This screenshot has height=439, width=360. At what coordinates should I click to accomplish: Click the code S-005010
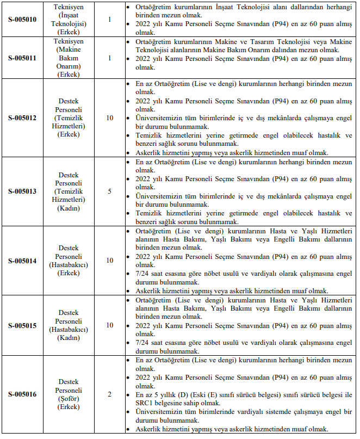pyautogui.click(x=22, y=20)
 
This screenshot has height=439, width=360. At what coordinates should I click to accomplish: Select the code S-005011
pyautogui.click(x=22, y=58)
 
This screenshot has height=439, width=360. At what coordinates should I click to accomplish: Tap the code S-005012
pyautogui.click(x=22, y=118)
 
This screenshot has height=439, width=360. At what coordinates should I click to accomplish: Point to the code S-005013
pyautogui.click(x=22, y=191)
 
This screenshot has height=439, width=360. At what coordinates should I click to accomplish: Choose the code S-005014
pyautogui.click(x=22, y=261)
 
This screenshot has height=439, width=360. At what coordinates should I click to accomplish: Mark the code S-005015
pyautogui.click(x=22, y=325)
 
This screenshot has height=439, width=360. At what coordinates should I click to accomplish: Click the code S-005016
pyautogui.click(x=22, y=394)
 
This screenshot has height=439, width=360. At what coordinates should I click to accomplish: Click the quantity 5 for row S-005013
pyautogui.click(x=109, y=191)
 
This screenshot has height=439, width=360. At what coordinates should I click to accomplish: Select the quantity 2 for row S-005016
pyautogui.click(x=109, y=394)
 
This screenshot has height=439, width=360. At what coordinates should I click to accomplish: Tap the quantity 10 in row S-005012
pyautogui.click(x=109, y=118)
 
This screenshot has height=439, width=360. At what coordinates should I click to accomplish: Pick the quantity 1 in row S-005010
pyautogui.click(x=109, y=20)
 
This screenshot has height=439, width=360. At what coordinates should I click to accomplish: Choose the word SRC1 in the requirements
pyautogui.click(x=145, y=403)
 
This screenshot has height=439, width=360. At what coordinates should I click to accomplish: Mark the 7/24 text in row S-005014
pyautogui.click(x=144, y=274)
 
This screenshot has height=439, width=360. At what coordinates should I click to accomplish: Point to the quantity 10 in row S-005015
pyautogui.click(x=109, y=325)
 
